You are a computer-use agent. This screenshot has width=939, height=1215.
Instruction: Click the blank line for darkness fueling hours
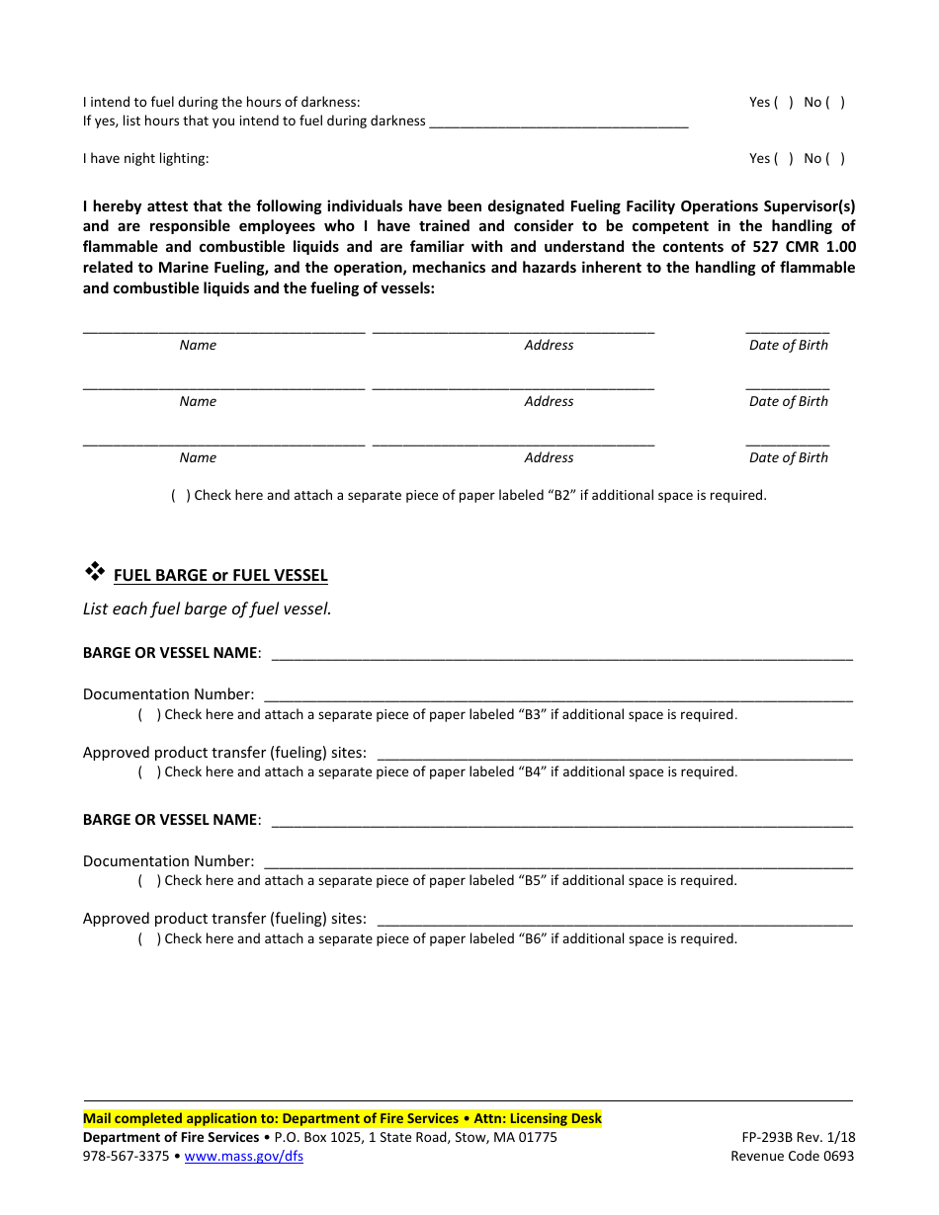click(x=559, y=122)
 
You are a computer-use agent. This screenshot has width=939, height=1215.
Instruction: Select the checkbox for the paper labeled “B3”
click(x=149, y=715)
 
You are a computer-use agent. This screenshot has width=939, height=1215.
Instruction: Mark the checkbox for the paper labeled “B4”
click(x=149, y=772)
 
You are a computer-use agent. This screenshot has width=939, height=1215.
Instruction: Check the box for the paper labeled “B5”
click(x=149, y=881)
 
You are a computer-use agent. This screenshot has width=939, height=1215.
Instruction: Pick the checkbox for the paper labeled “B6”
click(x=149, y=939)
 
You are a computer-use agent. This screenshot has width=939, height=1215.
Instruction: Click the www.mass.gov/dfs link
click(x=243, y=1157)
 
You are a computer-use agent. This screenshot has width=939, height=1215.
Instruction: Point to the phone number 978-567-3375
click(x=126, y=1157)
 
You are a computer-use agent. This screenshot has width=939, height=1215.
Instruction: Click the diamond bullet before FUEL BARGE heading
click(x=95, y=571)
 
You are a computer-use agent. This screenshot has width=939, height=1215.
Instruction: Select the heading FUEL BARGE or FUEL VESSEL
click(x=220, y=576)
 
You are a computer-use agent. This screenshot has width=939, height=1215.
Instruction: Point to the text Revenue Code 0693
click(x=792, y=1157)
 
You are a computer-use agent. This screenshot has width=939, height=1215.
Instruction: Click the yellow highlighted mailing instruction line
click(x=342, y=1119)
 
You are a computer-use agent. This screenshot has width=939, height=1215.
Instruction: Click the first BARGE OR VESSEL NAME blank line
click(x=560, y=654)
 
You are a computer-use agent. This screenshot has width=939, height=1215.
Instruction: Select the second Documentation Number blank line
click(x=557, y=862)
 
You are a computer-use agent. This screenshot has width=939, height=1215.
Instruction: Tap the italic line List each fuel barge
click(x=208, y=609)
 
